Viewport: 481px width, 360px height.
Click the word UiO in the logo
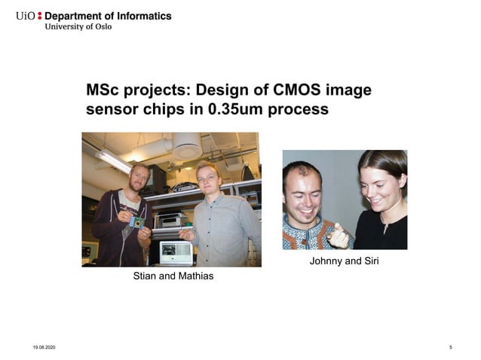tap(25, 16)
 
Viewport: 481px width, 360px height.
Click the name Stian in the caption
tap(146, 276)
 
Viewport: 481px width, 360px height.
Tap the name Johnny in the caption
tap(326, 261)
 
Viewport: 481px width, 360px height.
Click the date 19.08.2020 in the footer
tap(44, 347)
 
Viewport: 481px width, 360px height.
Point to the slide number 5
tap(450, 347)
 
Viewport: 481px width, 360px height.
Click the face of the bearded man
tap(141, 178)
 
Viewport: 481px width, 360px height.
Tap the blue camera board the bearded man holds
tap(136, 222)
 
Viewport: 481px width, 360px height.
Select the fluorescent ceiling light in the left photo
tap(114, 160)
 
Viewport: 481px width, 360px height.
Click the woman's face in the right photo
tap(377, 183)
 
